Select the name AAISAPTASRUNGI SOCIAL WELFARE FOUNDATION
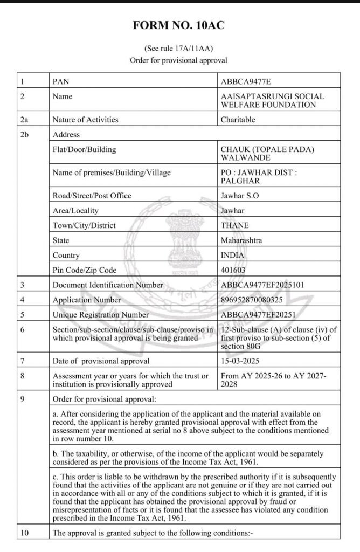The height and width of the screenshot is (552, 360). click(x=272, y=100)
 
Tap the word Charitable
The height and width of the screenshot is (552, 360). click(x=238, y=120)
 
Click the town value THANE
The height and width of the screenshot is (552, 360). click(x=235, y=226)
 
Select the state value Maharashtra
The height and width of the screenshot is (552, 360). click(x=241, y=240)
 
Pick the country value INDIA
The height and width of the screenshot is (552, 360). click(x=233, y=255)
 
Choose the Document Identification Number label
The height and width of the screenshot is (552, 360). click(x=108, y=285)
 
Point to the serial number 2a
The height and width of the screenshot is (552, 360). click(x=24, y=120)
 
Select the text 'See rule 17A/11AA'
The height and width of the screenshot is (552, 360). click(x=178, y=48)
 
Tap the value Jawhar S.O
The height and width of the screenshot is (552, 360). click(x=240, y=196)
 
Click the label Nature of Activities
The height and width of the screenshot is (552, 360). click(x=85, y=120)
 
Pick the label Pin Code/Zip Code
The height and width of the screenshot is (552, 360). click(x=84, y=270)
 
